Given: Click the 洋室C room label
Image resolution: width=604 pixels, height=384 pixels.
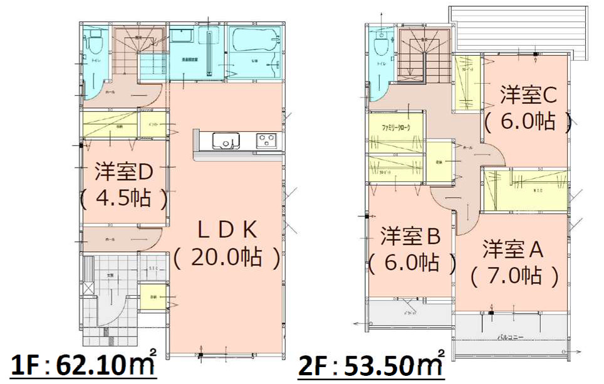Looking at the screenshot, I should [528, 95].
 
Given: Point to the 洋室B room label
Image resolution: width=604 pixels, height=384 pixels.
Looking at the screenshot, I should [412, 236].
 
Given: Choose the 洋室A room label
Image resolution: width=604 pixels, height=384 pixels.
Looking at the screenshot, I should [512, 248].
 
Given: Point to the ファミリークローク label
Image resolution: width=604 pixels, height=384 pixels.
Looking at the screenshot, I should [395, 127].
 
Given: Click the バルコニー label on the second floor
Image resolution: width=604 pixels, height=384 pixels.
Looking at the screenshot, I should [511, 338].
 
